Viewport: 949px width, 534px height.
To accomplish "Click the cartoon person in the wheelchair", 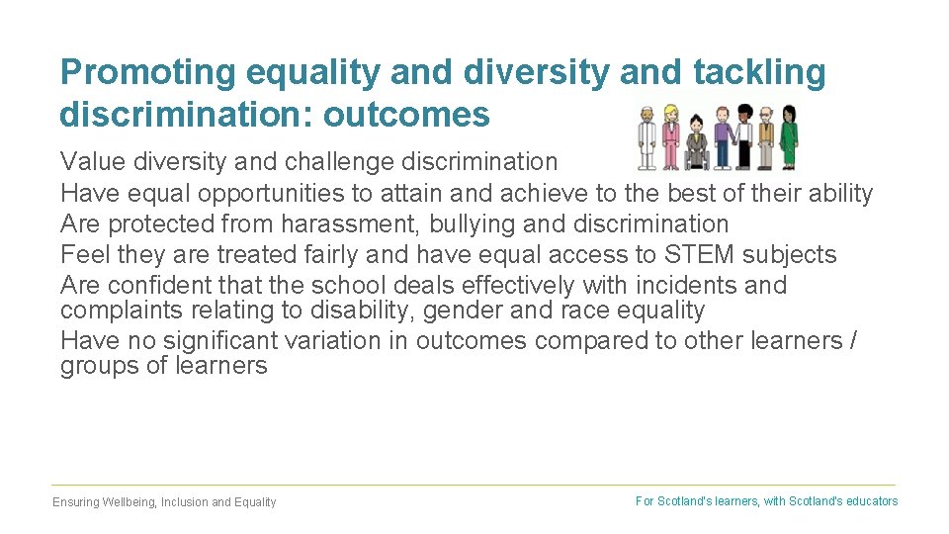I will (696, 144).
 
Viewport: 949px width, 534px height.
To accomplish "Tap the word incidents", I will (683, 286).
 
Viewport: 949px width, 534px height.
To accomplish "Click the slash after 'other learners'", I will (853, 341).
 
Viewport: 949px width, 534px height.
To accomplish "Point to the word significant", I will (197, 341).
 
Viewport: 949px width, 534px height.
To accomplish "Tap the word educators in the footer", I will (872, 501).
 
